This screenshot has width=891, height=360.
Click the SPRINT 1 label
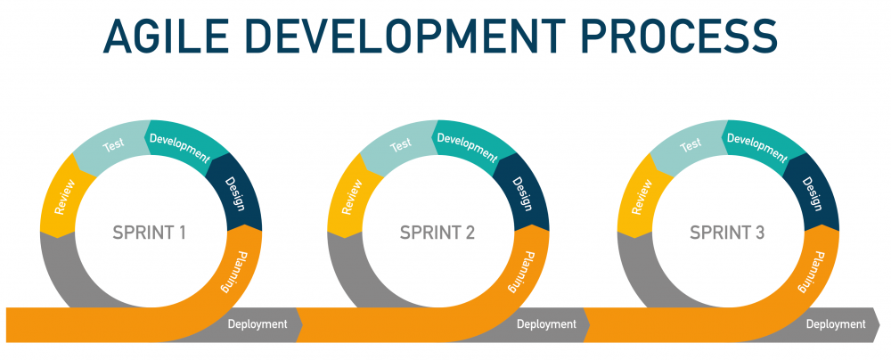tap(150, 233)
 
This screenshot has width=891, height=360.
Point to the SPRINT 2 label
tap(437, 233)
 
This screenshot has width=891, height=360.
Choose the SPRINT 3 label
tap(727, 233)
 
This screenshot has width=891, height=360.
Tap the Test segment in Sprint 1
tap(113, 144)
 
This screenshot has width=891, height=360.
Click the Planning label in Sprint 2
tap(516, 272)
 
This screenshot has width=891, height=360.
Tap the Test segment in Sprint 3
tap(691, 144)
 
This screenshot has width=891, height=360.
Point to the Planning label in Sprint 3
tap(805, 272)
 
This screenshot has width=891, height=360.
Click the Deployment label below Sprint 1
tap(257, 324)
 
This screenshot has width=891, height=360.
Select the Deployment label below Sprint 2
tap(546, 324)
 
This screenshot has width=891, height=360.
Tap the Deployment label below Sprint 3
tap(836, 324)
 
